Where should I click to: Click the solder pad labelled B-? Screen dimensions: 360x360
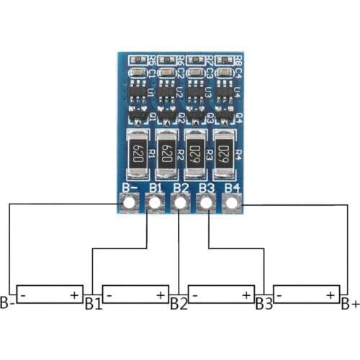tap(130, 204)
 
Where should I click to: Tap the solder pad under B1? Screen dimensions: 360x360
tap(155, 204)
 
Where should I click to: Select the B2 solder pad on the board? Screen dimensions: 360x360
tap(181, 204)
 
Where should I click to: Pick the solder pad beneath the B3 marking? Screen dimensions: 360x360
tap(207, 204)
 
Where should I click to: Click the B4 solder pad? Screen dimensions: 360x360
tap(232, 204)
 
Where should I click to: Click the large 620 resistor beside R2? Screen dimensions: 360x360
tap(167, 155)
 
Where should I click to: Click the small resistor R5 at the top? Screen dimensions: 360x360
tap(138, 60)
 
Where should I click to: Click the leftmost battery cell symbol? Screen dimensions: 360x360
tap(49, 294)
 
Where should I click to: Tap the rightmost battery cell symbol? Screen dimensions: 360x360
tap(306, 294)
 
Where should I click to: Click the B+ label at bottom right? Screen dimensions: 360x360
tap(350, 303)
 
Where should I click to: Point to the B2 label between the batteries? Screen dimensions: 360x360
tap(179, 303)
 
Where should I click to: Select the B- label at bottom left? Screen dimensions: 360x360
tap(8, 303)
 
